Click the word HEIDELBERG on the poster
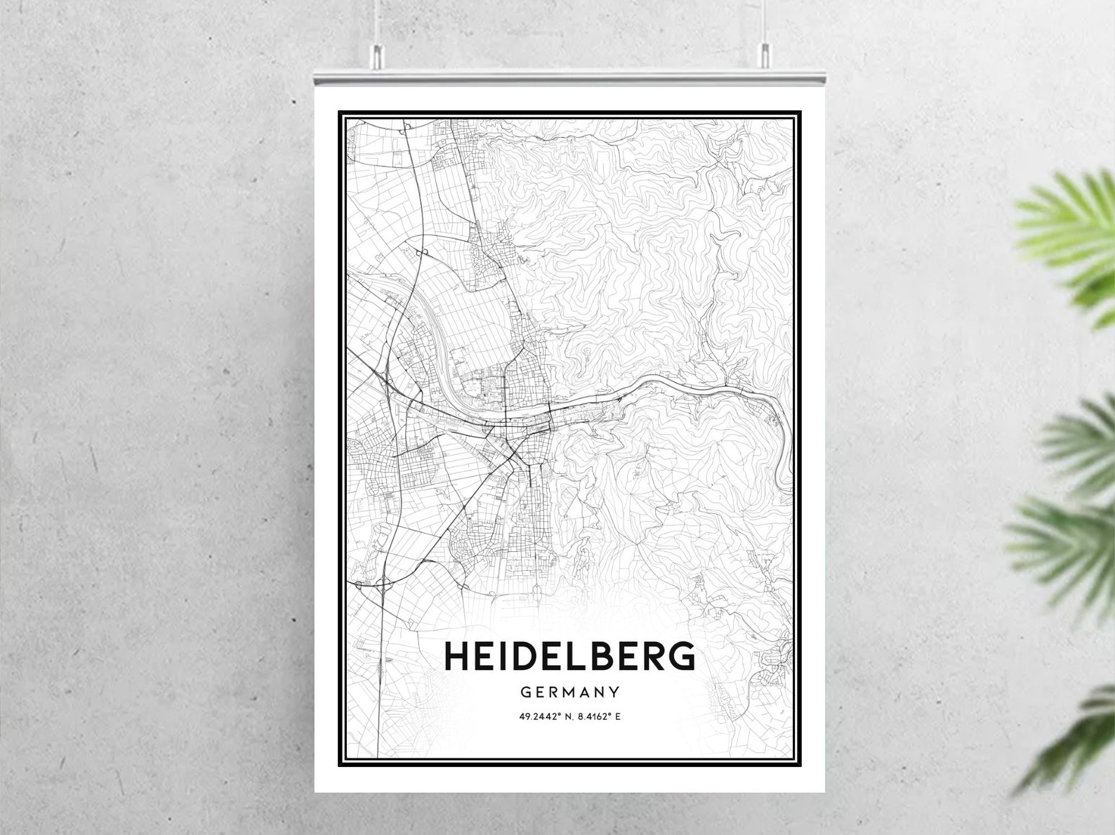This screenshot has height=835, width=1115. click(x=569, y=656)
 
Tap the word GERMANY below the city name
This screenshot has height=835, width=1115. click(x=570, y=692)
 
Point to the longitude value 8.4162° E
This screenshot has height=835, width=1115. click(x=599, y=717)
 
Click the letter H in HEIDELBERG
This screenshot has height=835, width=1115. click(x=458, y=656)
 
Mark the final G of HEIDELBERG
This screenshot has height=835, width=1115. click(x=681, y=656)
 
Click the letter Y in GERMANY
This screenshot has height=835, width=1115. click(x=614, y=692)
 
